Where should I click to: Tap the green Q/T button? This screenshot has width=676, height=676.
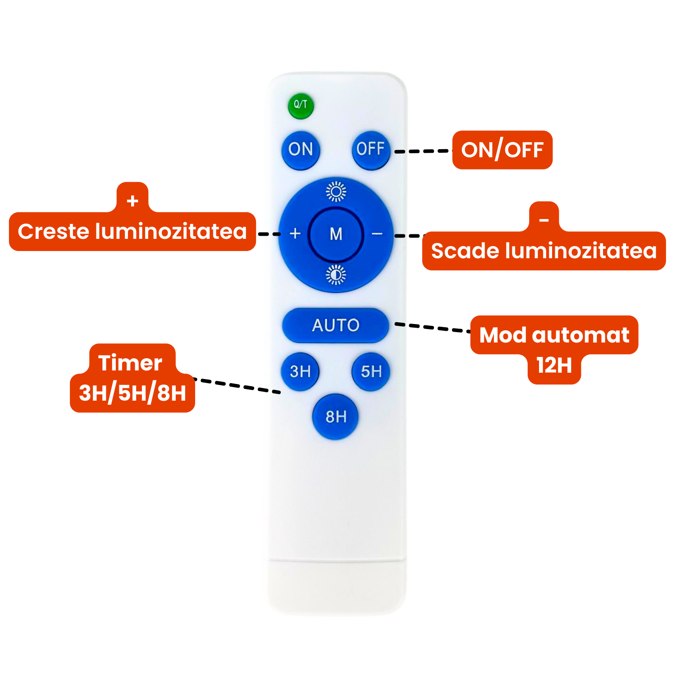click(x=301, y=106)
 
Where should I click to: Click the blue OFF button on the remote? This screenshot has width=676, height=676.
click(x=371, y=150)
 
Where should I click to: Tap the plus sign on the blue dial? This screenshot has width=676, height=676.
click(x=295, y=233)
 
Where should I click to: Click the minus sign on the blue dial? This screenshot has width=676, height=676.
click(x=377, y=233)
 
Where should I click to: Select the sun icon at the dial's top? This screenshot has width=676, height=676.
click(x=336, y=192)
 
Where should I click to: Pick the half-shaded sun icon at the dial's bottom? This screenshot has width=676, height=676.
click(x=336, y=275)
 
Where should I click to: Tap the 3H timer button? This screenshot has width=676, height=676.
click(x=300, y=372)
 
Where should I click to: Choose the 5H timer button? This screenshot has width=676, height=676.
click(x=371, y=372)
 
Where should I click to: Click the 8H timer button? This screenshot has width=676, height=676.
click(x=336, y=416)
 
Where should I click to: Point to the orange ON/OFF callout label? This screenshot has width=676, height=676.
click(x=502, y=150)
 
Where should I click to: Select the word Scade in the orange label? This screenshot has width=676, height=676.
click(x=465, y=251)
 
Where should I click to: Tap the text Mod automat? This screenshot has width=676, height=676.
click(x=554, y=335)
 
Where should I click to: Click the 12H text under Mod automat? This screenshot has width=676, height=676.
click(x=554, y=365)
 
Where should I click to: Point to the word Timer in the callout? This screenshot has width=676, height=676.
click(x=130, y=363)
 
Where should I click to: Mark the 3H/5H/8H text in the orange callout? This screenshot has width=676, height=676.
click(x=132, y=393)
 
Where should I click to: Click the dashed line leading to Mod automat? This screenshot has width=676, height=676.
click(x=433, y=328)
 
